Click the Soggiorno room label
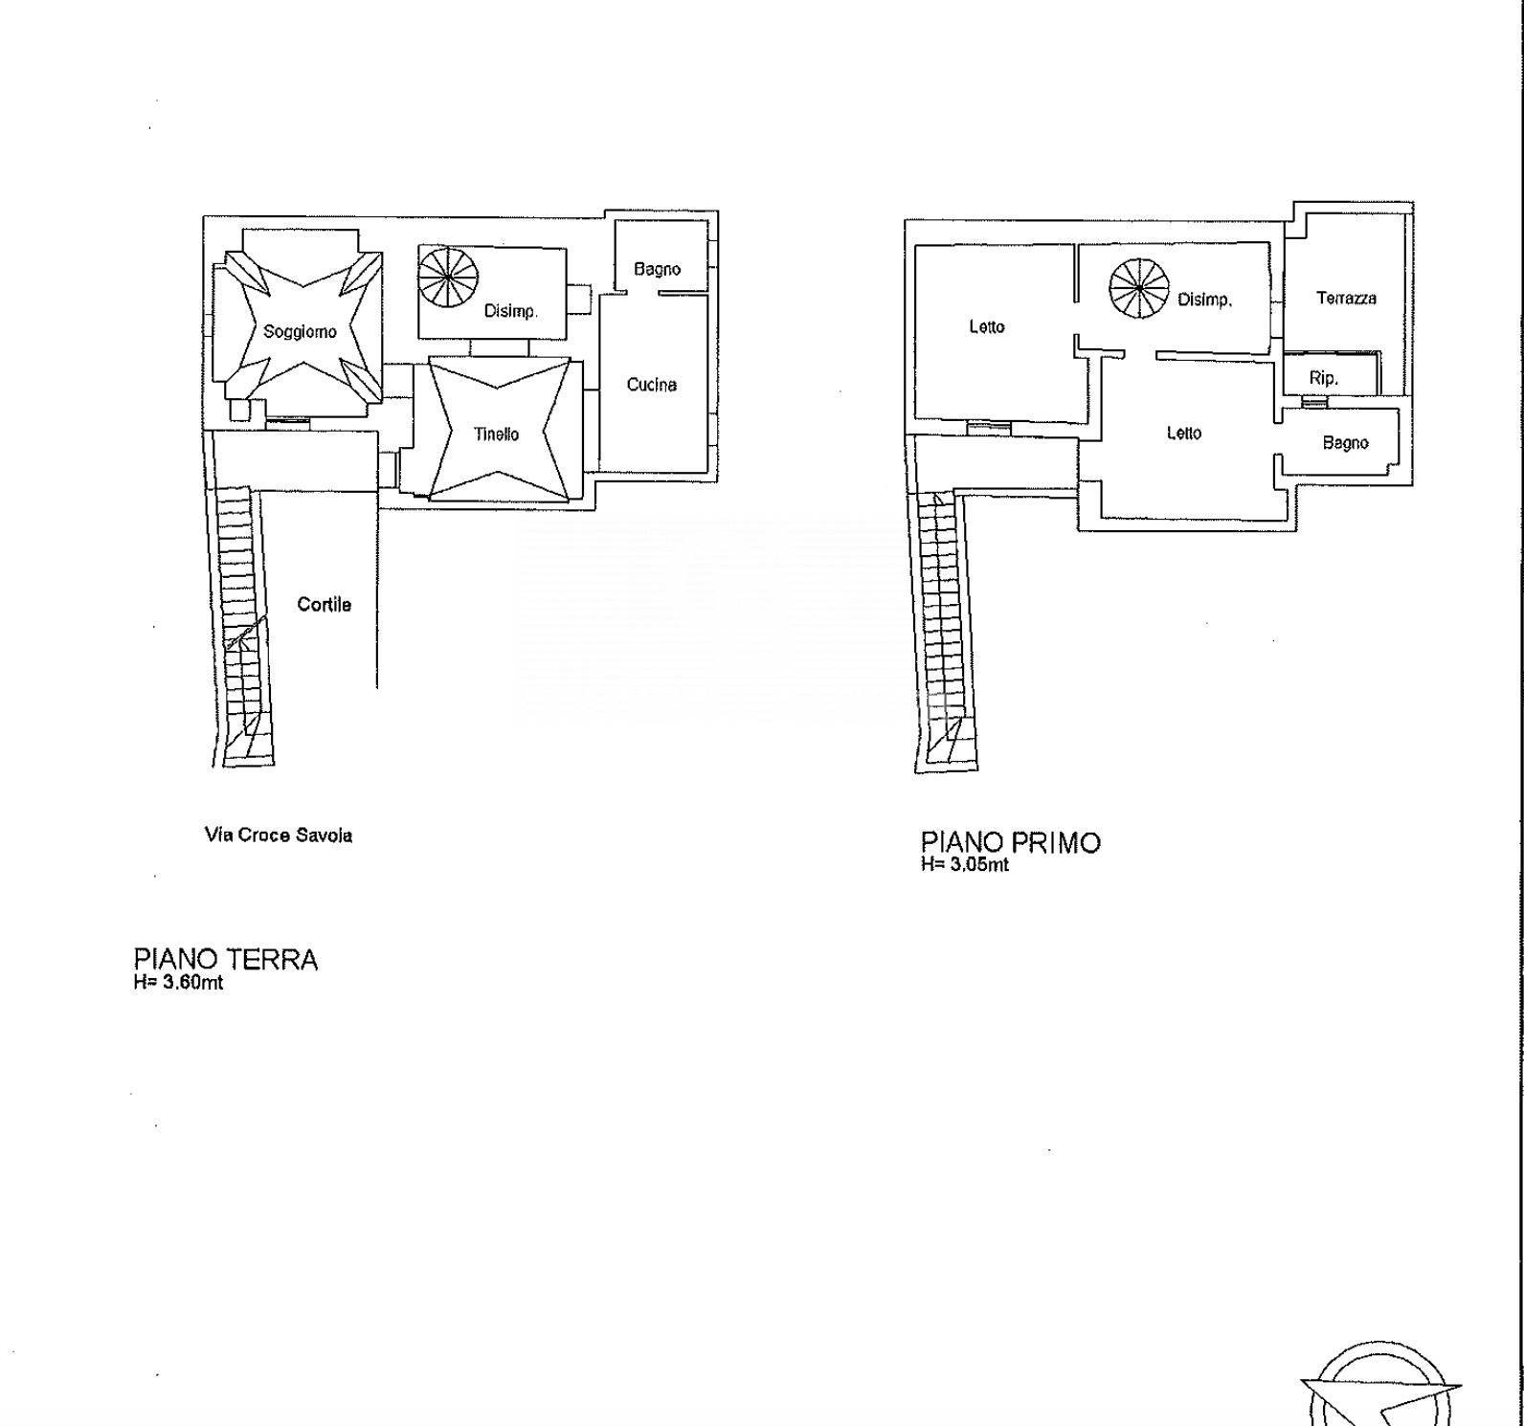point(301,332)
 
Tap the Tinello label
point(497,434)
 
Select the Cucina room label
point(652,385)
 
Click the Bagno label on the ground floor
point(658,269)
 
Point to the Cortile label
point(325,605)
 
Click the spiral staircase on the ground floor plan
point(448,279)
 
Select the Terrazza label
point(1346,299)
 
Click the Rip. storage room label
point(1323,379)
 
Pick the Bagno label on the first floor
point(1345,443)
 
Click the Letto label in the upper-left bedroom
point(987,327)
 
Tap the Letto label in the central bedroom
point(1184,434)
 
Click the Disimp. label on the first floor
point(1204,301)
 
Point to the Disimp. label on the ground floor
point(511,311)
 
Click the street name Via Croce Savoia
point(279,836)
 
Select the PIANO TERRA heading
point(226,960)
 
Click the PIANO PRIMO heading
point(1011,843)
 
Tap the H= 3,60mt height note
point(179,982)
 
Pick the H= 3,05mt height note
point(965,865)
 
